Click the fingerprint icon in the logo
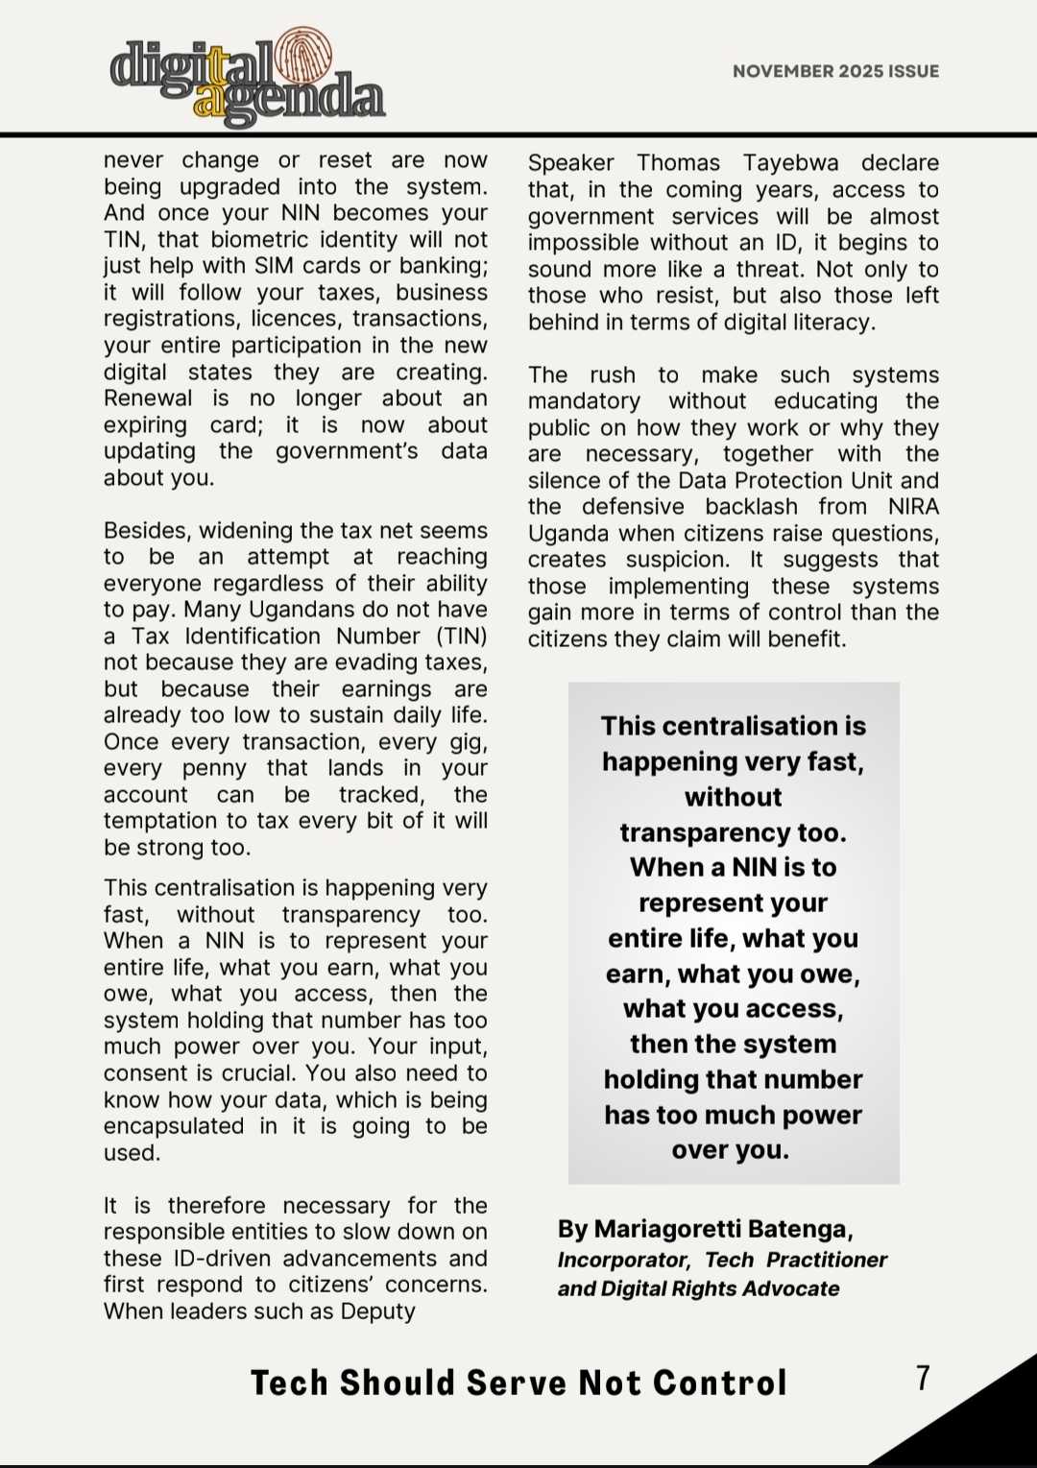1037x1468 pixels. [x=303, y=57]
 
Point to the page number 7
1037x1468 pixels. [x=923, y=1378]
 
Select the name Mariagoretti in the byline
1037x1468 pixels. [x=657, y=1229]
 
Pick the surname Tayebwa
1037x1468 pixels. [x=791, y=163]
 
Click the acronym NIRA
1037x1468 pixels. [x=913, y=507]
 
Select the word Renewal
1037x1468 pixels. [x=148, y=398]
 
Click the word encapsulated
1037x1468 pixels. [x=174, y=1126]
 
